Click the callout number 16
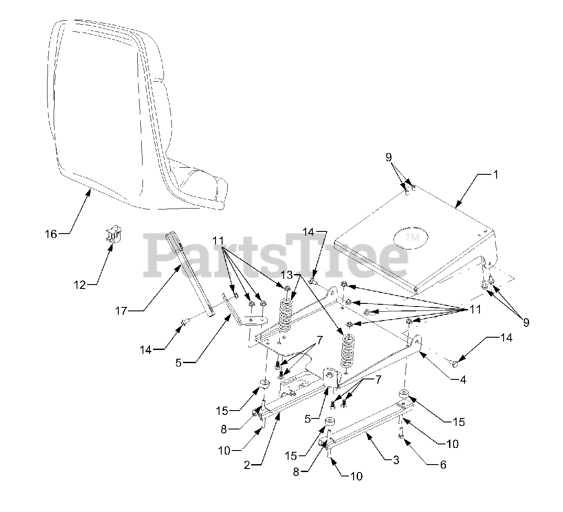tap(51, 234)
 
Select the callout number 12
tap(80, 285)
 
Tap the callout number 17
tap(121, 311)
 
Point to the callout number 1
tap(495, 174)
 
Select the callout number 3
tap(396, 460)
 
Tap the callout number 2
tap(247, 465)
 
